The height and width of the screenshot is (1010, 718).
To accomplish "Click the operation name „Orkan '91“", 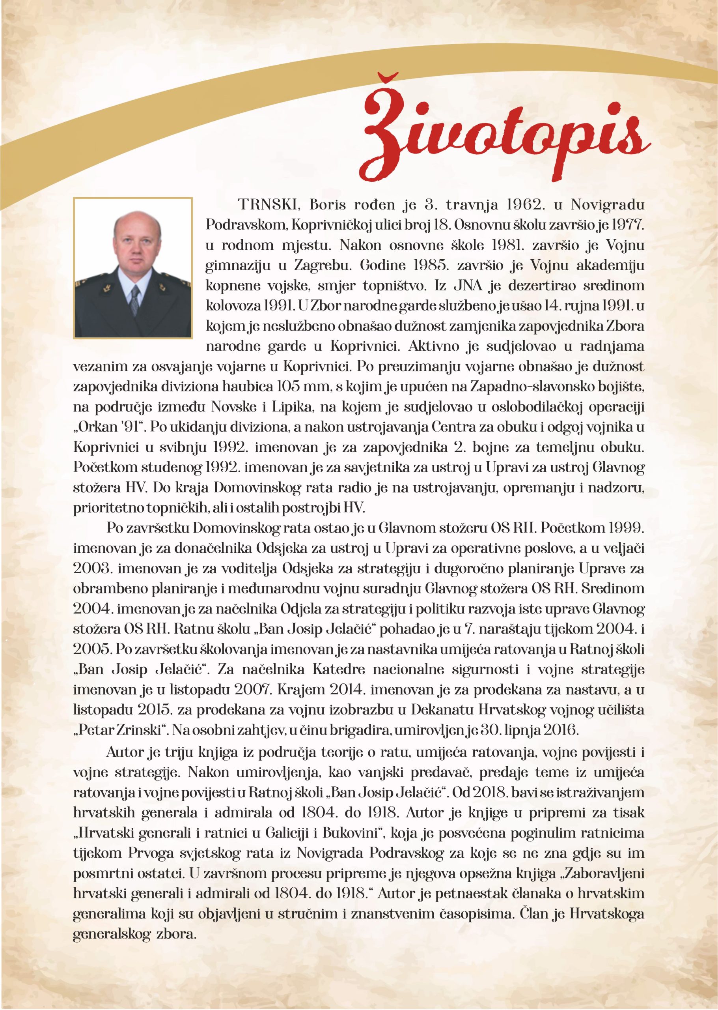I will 109,427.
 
